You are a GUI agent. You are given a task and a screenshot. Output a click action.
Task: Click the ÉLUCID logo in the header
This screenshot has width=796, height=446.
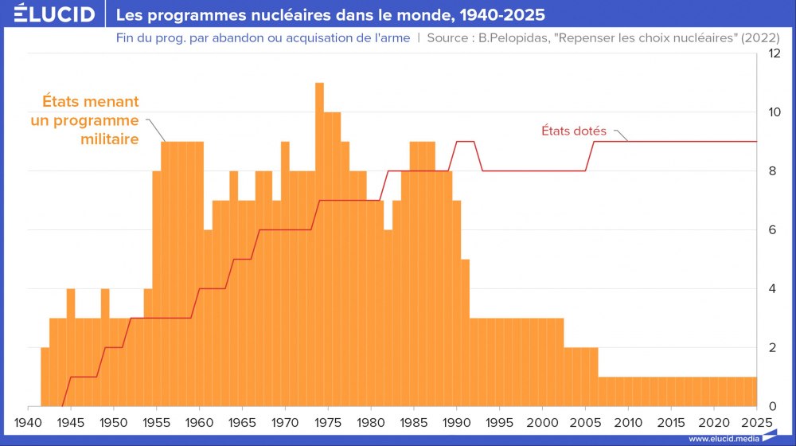tap(54, 15)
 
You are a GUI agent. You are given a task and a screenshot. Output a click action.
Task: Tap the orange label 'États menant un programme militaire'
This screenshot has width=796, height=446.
tap(85, 120)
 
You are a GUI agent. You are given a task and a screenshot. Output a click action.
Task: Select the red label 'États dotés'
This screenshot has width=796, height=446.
tap(574, 130)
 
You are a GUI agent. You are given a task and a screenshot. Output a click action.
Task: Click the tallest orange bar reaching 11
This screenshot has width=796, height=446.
tap(319, 239)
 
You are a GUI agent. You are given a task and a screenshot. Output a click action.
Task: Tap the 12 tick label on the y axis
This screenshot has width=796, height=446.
tap(773, 53)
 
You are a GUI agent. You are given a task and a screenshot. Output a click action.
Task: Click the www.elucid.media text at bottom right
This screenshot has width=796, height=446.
tap(723, 439)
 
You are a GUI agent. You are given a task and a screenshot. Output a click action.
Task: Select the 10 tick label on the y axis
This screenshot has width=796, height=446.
tap(773, 112)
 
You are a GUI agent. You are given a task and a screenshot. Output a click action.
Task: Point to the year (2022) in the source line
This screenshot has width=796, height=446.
tap(759, 38)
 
